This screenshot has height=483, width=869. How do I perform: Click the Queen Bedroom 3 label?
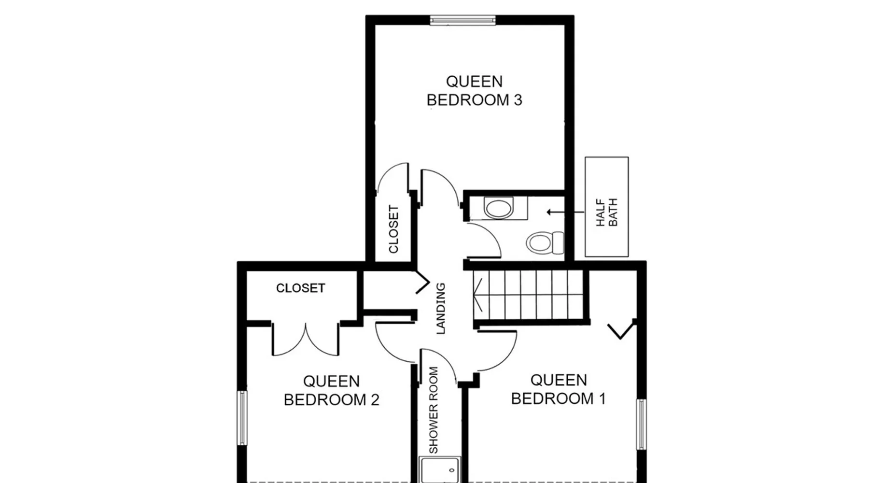point(474,90)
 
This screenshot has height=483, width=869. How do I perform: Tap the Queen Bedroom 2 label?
point(331,391)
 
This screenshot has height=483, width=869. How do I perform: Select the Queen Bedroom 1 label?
point(558,389)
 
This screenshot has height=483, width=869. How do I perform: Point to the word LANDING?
point(440,309)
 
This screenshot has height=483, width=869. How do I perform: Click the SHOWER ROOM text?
point(434,410)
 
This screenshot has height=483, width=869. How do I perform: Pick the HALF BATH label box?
point(606,207)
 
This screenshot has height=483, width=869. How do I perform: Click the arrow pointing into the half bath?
point(565,212)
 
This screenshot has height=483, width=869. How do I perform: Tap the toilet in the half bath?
point(545,242)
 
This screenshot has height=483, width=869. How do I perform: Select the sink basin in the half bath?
point(499,208)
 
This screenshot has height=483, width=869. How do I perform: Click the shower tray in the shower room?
point(439,470)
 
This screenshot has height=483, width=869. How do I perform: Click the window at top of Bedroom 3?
point(463,20)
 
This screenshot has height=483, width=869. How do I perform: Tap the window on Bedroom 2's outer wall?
point(242,418)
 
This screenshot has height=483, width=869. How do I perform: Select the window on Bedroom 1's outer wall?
point(641,425)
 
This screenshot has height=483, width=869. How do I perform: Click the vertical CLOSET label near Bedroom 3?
point(393,229)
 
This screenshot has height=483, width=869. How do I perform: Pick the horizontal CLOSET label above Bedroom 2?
point(300,288)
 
